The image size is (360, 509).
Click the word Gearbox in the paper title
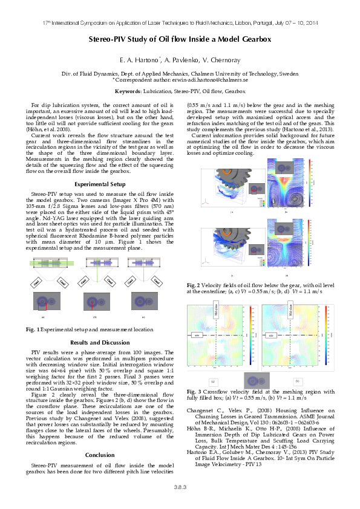pos(254,39)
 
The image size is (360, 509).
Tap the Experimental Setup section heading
pos(100,184)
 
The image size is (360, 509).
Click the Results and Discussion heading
pos(100,342)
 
